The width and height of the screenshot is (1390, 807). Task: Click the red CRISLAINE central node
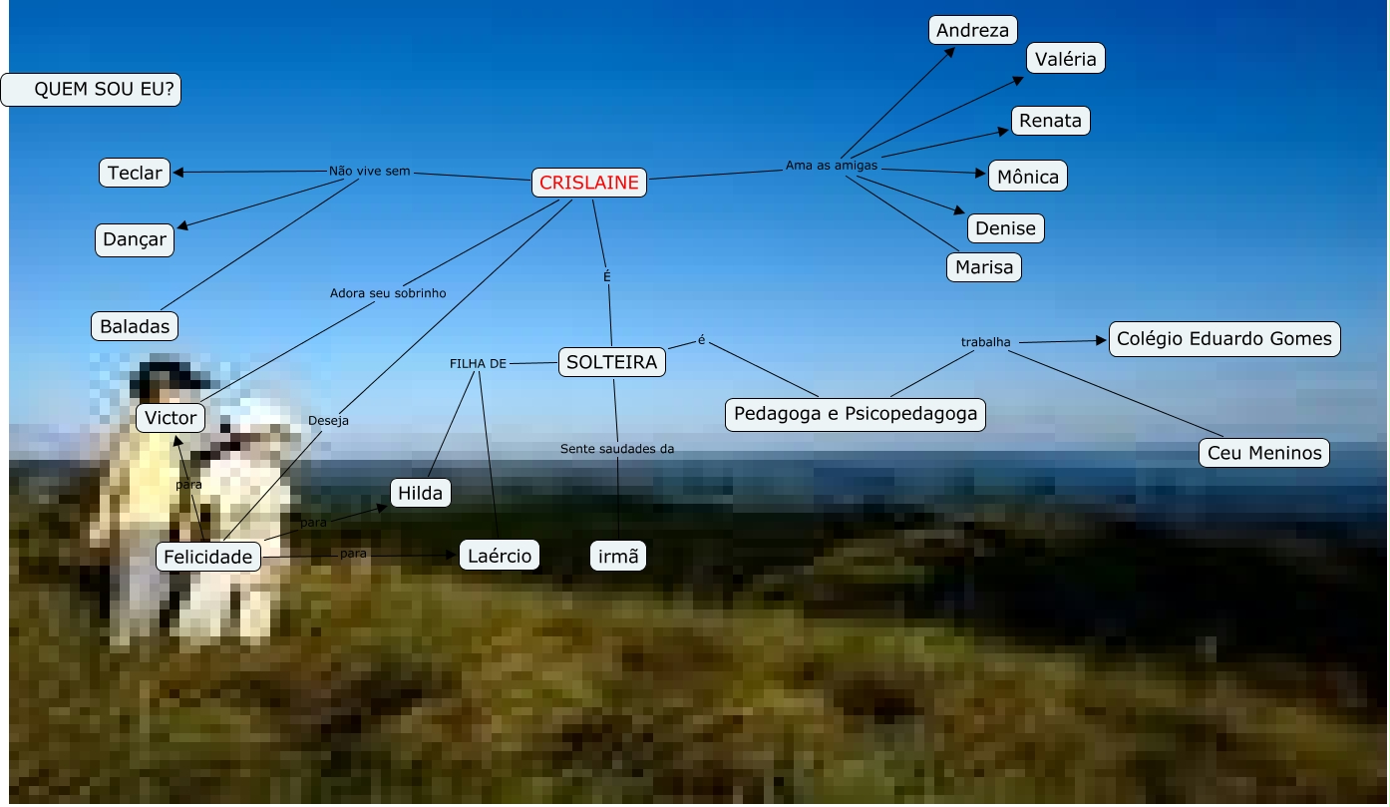click(x=589, y=183)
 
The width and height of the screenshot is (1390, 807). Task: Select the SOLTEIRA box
click(x=612, y=362)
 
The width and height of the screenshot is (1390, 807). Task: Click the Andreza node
click(x=972, y=30)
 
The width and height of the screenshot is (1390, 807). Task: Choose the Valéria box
click(x=1065, y=59)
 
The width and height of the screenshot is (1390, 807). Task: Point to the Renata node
click(x=1050, y=121)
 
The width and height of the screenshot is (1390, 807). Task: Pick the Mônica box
click(x=1028, y=177)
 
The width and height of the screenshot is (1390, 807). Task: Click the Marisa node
click(x=983, y=267)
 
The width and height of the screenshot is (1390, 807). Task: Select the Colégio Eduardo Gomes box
click(x=1223, y=338)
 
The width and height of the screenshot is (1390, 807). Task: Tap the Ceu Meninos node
click(x=1263, y=453)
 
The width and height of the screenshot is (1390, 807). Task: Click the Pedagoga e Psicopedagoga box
click(x=856, y=413)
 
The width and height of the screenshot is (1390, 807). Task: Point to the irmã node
click(x=618, y=556)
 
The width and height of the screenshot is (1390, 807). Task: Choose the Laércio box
click(x=500, y=555)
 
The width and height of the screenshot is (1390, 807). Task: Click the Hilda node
click(x=420, y=493)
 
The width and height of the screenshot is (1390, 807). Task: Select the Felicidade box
click(x=208, y=557)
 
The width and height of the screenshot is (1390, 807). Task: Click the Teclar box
click(x=135, y=173)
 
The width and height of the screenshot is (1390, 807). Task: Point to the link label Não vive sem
click(x=369, y=171)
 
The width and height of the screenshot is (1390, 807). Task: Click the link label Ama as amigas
click(x=832, y=166)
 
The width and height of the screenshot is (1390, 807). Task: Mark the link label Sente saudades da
click(x=617, y=449)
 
